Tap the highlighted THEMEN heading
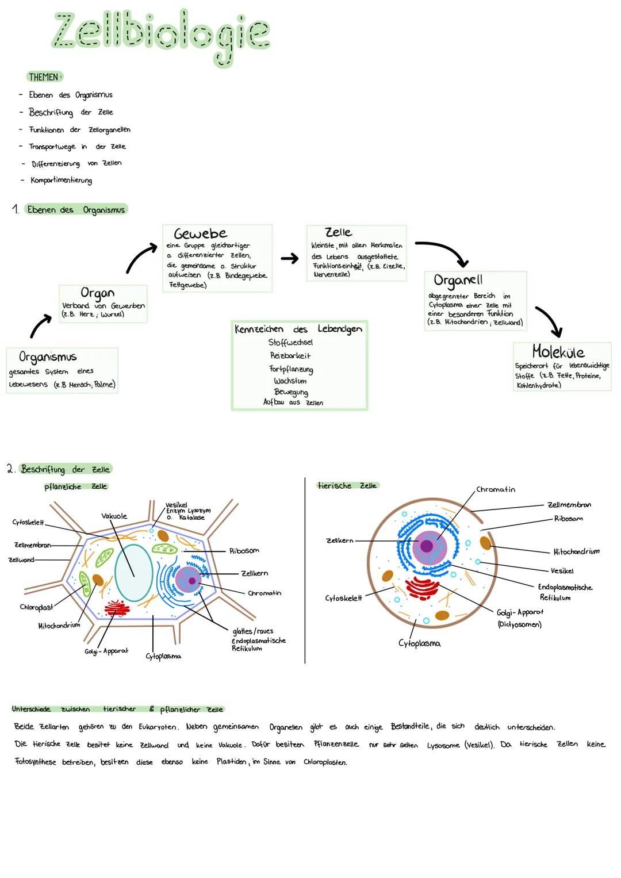tap(44, 77)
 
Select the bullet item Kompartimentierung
tap(61, 181)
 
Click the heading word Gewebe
tap(200, 233)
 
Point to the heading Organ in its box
tap(97, 293)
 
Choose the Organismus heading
tap(48, 356)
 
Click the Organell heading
tap(458, 281)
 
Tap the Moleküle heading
tap(558, 352)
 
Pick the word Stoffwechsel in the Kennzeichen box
tap(290, 343)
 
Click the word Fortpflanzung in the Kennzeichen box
tap(291, 369)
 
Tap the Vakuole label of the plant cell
tap(114, 516)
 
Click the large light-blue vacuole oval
tap(133, 573)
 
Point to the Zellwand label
tap(21, 560)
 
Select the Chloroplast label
tap(36, 607)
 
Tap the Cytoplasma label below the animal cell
tap(419, 643)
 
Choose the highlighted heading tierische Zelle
tap(347, 486)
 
